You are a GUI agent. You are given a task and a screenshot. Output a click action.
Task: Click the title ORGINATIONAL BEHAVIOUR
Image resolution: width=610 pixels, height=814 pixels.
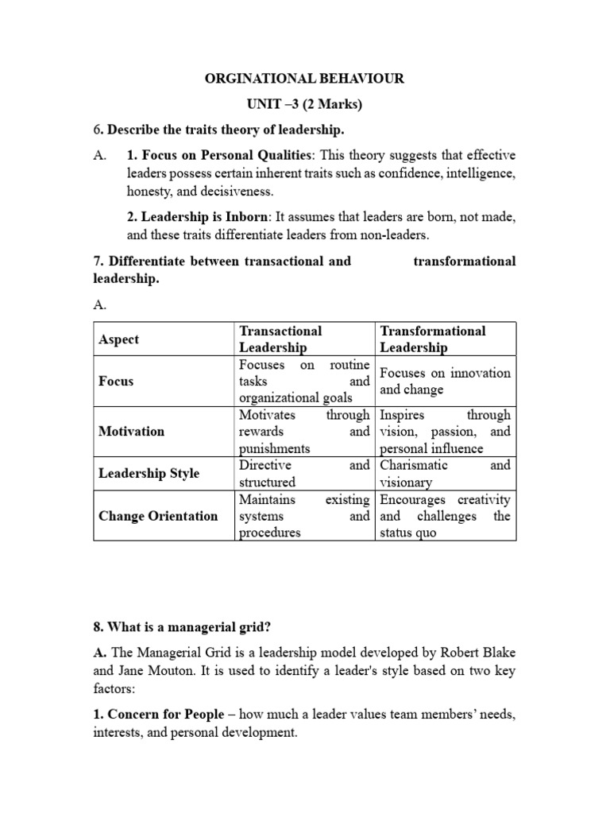point(305,78)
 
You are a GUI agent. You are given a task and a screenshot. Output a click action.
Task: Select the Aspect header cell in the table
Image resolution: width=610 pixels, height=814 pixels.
point(118,339)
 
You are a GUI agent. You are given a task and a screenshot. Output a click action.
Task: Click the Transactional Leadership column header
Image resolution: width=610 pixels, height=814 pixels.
point(280,339)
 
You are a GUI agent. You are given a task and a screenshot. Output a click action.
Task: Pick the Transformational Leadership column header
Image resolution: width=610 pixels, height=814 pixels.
point(432,339)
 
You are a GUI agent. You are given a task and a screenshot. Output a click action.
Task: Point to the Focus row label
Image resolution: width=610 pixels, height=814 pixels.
point(116,382)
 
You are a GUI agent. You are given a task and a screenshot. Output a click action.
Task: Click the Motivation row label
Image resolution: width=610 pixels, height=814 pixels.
point(132,432)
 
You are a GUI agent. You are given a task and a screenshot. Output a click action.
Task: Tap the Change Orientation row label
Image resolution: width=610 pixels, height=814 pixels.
point(157,516)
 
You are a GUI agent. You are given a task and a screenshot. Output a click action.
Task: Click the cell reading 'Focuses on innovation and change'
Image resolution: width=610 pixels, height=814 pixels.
point(445,382)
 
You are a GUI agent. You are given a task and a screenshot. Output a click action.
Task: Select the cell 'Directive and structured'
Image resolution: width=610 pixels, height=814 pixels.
point(304,474)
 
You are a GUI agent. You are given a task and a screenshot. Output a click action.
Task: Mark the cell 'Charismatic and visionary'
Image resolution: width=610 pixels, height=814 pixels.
point(445,474)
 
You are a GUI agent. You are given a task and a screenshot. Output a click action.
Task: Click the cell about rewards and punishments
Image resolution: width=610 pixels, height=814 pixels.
point(304,432)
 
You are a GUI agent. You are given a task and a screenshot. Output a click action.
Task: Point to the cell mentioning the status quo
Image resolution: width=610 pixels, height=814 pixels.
point(445,516)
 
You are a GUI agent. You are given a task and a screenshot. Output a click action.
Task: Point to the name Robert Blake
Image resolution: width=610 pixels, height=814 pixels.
point(441,652)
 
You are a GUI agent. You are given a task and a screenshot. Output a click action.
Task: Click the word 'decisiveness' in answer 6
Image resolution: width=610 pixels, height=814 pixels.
point(238,192)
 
